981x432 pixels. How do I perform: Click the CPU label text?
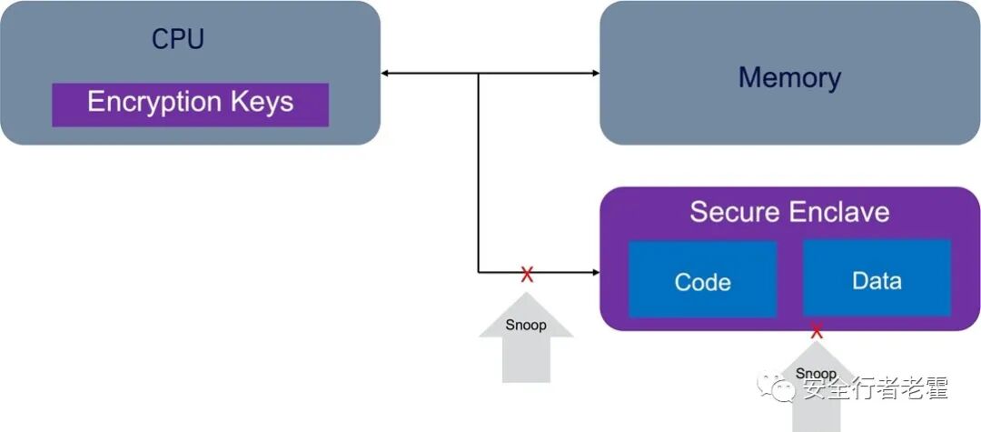point(177,39)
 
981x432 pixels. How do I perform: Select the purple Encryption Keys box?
point(190,104)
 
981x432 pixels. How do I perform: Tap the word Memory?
point(789,77)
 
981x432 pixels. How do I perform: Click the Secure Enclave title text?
point(788,212)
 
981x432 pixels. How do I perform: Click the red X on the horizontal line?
point(527,274)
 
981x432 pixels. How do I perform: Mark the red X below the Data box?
point(817,331)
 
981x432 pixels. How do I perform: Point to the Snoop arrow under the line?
point(526,337)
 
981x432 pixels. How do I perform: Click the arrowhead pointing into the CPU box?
point(386,73)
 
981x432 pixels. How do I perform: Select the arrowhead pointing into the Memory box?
point(595,73)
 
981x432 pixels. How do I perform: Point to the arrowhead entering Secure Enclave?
point(595,272)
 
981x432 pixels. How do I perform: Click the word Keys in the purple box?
point(263,102)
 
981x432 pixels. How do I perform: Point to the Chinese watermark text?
point(874,389)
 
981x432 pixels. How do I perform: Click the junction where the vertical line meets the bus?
point(479,73)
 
